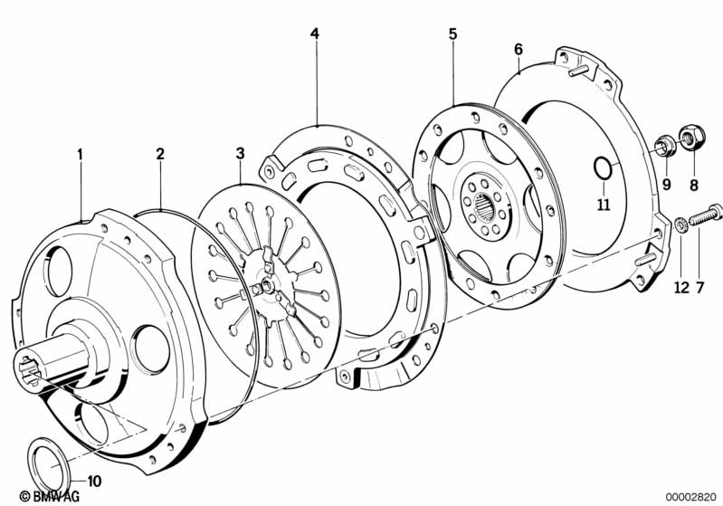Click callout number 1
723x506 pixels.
[80, 155]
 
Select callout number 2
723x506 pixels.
[160, 155]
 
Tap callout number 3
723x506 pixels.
[240, 155]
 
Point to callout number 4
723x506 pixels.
[315, 34]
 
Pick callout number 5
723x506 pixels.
[452, 34]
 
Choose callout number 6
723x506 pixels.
[518, 48]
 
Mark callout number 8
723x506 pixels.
[694, 184]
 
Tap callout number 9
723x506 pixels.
[667, 184]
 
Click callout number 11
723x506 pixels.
[604, 204]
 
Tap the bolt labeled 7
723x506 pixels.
[706, 215]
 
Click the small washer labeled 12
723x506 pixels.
[680, 224]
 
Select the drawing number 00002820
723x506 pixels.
[691, 496]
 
